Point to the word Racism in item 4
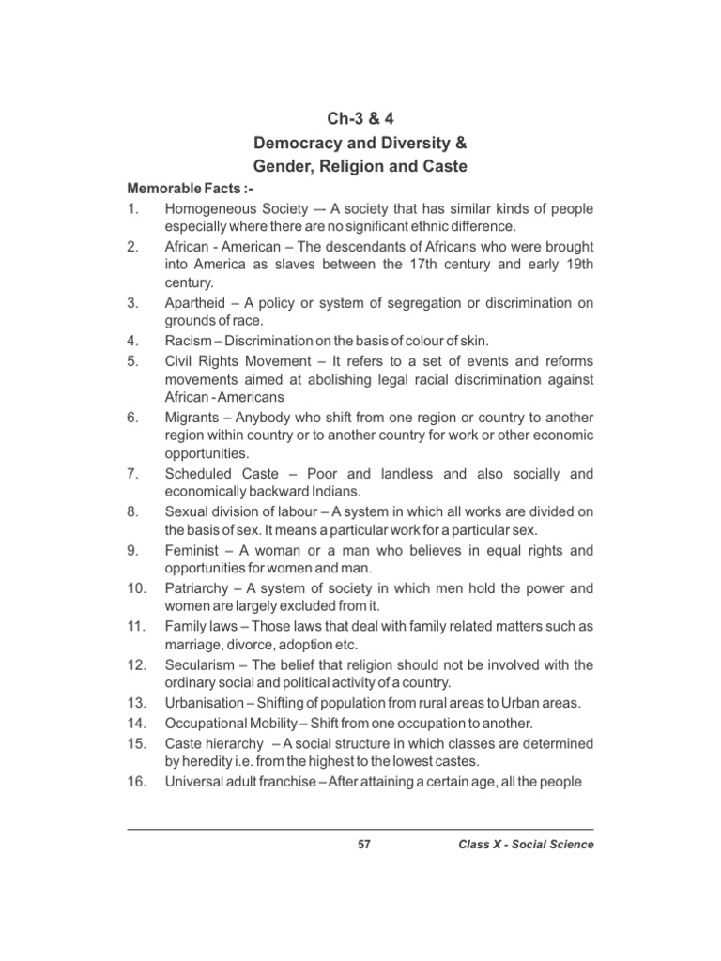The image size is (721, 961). point(189,342)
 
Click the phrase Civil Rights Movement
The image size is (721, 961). point(238,361)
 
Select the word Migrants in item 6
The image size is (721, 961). point(192,417)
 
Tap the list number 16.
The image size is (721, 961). point(135,781)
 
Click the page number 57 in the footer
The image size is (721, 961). point(364,845)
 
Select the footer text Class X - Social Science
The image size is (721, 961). point(526,845)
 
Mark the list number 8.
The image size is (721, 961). point(132,511)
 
